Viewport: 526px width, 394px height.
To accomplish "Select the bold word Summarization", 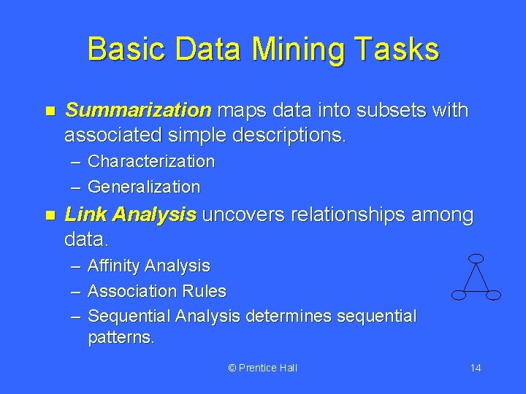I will pos(137,111).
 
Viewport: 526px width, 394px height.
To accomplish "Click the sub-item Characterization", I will pos(151,161).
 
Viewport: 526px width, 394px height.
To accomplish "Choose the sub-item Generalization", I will pos(143,187).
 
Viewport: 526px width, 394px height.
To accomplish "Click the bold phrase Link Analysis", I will pos(131,215).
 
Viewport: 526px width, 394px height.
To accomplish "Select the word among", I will pos(444,215).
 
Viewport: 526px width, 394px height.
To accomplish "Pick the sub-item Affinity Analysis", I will pos(148,266).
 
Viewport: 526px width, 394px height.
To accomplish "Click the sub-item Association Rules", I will pos(156,291).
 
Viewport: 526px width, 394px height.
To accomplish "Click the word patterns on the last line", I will pos(120,339).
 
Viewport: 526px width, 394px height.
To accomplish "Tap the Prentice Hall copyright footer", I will pos(262,368).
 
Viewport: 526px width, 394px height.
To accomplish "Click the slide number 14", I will pos(475,368).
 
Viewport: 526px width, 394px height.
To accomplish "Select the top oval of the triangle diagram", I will pos(476,258).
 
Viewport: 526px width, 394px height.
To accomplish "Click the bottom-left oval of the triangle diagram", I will pos(459,295).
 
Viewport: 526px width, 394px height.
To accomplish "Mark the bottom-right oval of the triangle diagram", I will pos(493,295).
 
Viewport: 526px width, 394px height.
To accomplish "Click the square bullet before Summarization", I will pos(50,112).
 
